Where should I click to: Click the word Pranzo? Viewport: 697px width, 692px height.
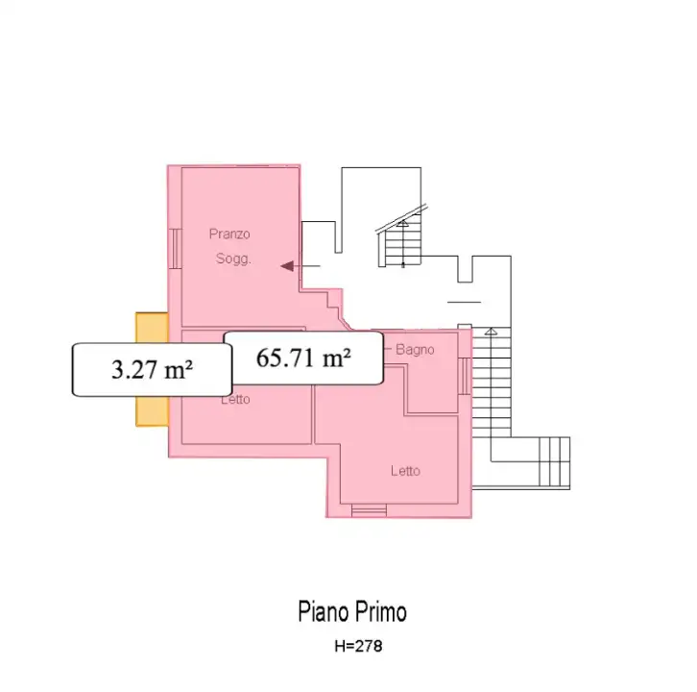(229, 234)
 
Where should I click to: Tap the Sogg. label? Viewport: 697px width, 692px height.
(232, 258)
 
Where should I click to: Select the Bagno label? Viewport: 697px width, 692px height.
(415, 350)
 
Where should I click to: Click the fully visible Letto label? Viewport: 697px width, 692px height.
(405, 471)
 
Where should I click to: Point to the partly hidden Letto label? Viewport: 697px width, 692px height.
(235, 400)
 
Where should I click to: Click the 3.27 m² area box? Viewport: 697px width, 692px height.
(152, 369)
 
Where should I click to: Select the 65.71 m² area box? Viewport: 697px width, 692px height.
(303, 358)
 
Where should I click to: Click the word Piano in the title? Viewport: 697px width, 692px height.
(321, 612)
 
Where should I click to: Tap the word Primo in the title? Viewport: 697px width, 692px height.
(381, 612)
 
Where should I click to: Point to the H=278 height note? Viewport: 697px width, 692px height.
(357, 647)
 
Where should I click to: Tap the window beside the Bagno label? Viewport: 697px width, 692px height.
(466, 375)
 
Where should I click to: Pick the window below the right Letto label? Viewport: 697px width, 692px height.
(369, 510)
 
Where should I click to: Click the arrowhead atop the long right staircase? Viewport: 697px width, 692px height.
(493, 332)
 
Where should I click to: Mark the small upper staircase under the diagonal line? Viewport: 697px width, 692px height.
(403, 244)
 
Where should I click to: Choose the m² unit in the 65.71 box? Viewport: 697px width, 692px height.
(335, 358)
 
